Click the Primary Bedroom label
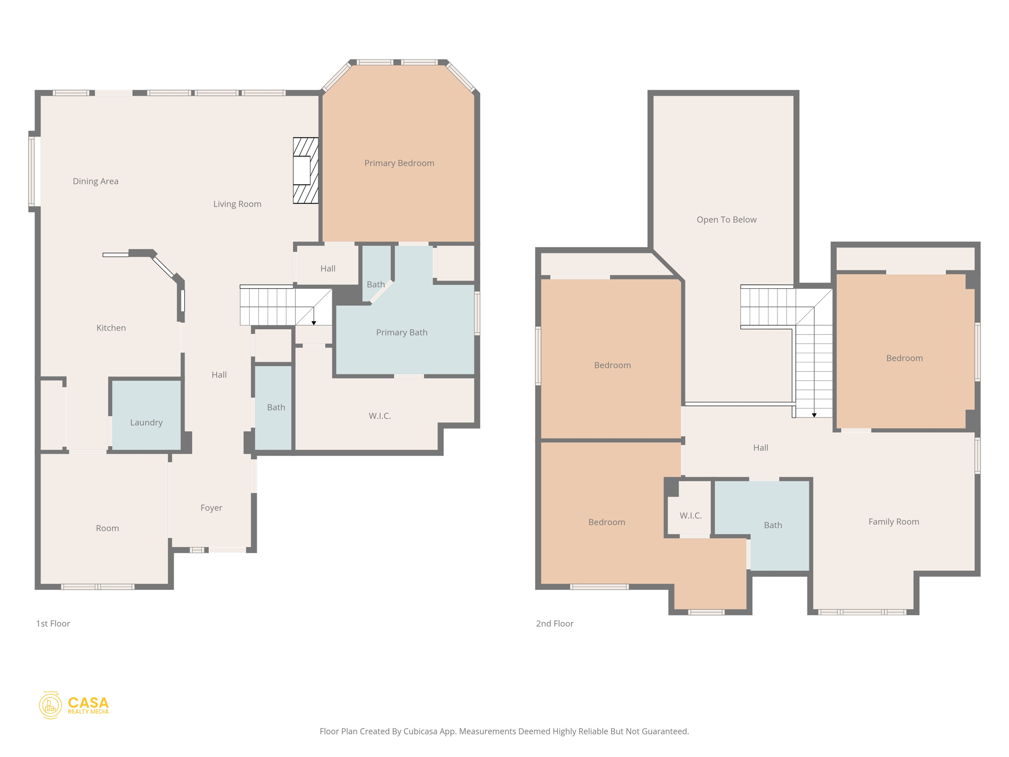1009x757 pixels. (x=399, y=163)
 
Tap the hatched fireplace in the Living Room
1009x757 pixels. (x=305, y=171)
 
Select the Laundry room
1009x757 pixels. (x=146, y=422)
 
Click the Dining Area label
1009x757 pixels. (x=96, y=181)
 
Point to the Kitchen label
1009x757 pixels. (x=111, y=328)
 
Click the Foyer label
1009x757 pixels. (x=211, y=508)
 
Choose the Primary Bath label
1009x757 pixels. (x=402, y=333)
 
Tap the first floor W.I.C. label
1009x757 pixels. (x=379, y=416)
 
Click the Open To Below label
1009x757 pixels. (x=726, y=220)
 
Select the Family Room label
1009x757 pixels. (x=893, y=522)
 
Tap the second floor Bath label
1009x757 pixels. (x=773, y=525)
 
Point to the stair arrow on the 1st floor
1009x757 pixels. (x=314, y=323)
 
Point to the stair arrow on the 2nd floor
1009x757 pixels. (x=814, y=415)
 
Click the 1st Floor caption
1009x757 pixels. (x=53, y=623)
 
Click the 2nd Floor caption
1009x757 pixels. (x=554, y=623)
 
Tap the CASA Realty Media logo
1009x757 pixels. (x=74, y=705)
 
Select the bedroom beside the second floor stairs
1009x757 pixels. (x=904, y=358)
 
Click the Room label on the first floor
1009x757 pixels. (x=107, y=528)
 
